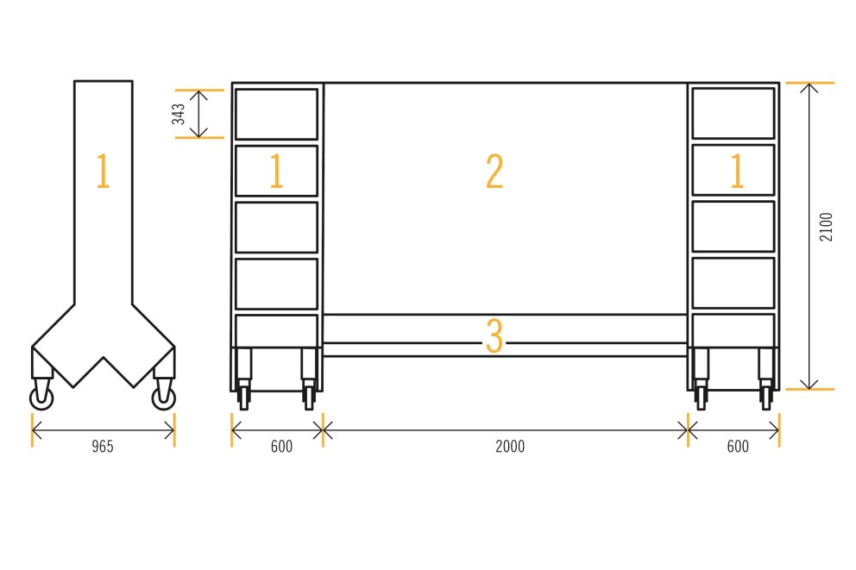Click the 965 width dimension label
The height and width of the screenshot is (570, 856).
tap(103, 447)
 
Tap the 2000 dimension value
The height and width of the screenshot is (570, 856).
tap(510, 447)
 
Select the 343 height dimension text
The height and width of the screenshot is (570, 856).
tap(179, 114)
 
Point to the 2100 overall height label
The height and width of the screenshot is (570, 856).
tap(826, 227)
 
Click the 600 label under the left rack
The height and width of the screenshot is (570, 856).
tap(281, 447)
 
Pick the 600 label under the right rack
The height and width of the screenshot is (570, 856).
tap(738, 447)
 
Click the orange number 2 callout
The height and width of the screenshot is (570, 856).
tap(494, 172)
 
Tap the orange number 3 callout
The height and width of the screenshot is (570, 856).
tap(494, 335)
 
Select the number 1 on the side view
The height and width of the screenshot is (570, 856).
tap(104, 171)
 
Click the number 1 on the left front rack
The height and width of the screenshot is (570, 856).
tap(276, 171)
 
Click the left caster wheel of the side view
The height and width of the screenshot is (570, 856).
tap(42, 398)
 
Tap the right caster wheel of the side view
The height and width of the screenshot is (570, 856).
tap(164, 398)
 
